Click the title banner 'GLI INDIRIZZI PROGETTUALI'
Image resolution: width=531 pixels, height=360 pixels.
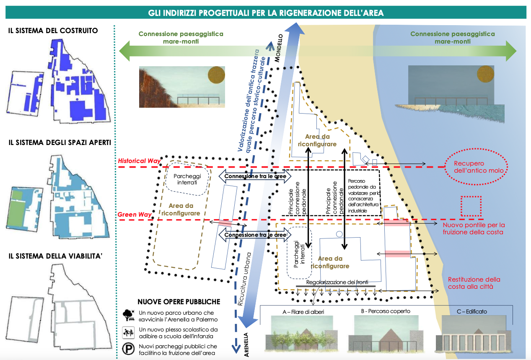point(266,13)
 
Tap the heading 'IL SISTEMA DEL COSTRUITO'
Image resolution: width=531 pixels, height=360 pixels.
point(53,31)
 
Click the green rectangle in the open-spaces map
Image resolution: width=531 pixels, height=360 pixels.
point(18,206)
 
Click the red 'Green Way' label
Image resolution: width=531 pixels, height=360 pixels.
point(135,215)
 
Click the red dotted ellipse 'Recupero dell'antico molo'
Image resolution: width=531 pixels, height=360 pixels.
point(475,167)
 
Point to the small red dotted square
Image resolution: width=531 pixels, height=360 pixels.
point(471,206)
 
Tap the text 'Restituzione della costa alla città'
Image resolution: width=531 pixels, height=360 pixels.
point(474,283)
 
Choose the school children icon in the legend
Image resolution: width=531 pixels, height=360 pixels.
point(127,333)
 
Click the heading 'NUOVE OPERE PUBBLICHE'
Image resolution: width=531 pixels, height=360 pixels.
point(179,302)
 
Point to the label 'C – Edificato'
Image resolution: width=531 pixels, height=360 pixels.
point(472,311)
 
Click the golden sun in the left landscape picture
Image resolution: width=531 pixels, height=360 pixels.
point(216,75)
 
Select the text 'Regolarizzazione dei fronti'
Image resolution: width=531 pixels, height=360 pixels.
point(337,282)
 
